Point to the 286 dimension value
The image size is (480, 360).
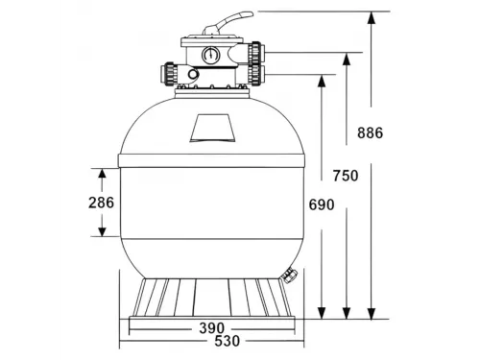coord(100,202)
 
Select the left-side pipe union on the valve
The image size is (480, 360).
coord(171,74)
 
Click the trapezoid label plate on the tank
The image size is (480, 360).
coord(213,126)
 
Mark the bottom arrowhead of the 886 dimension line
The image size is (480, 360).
coord(372,311)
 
